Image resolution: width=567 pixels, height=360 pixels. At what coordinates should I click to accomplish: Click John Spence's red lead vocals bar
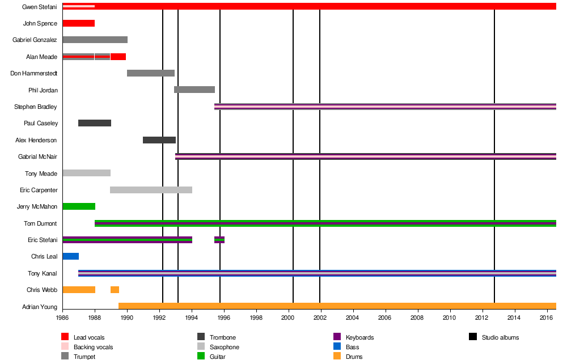click(x=78, y=23)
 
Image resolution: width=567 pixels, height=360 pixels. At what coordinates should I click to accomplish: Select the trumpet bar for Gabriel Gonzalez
click(x=95, y=40)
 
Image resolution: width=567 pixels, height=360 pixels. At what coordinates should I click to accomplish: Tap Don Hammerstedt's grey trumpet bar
click(x=150, y=73)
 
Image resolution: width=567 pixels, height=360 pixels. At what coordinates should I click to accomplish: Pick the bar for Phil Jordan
click(x=194, y=90)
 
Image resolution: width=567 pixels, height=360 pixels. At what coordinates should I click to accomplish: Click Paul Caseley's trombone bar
click(x=94, y=123)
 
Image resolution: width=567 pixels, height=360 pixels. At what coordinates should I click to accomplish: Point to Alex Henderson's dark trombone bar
click(x=159, y=140)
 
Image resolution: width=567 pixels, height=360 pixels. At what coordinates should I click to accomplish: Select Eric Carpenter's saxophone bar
click(x=151, y=190)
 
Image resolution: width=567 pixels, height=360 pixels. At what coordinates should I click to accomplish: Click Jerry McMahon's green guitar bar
click(x=78, y=206)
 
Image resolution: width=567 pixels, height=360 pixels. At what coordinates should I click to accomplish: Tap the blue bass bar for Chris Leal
click(x=70, y=256)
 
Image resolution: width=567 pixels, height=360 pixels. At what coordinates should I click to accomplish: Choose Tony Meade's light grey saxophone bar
click(x=86, y=173)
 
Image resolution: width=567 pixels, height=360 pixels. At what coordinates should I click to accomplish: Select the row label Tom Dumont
click(x=40, y=223)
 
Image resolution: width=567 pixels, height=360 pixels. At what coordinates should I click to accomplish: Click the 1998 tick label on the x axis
click(x=257, y=318)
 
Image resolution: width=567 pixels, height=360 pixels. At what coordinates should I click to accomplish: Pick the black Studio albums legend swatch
click(x=473, y=337)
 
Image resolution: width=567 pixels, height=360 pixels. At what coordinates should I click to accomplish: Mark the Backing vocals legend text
click(x=93, y=347)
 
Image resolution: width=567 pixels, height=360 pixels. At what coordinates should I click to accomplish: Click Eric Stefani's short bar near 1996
click(x=219, y=240)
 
